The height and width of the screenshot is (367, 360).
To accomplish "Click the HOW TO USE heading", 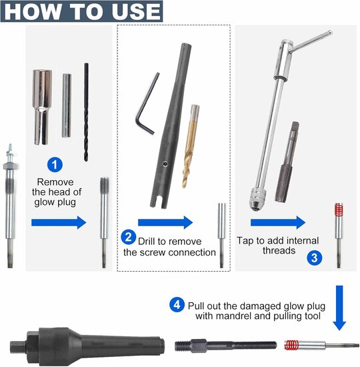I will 81,11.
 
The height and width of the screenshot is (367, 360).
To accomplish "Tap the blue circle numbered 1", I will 55,163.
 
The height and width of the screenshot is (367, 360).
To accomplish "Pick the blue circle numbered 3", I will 315,256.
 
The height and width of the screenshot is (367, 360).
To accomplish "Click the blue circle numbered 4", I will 177,304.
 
